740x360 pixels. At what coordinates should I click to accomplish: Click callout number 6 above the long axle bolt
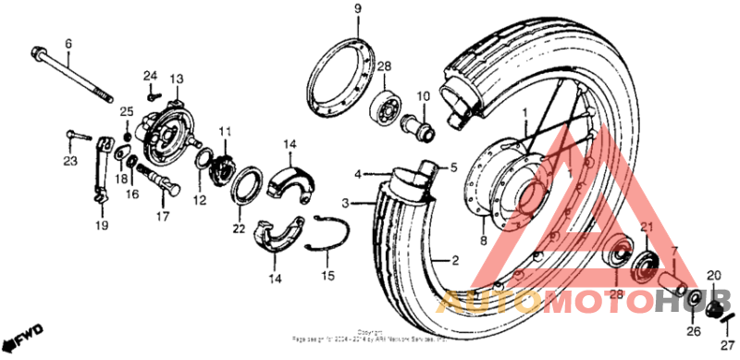pos(67,43)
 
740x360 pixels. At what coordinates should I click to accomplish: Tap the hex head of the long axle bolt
pos(39,51)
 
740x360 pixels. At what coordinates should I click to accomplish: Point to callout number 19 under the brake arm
pos(101,224)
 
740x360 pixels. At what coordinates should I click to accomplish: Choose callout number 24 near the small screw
pos(152,74)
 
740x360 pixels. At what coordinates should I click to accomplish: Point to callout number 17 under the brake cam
pos(163,218)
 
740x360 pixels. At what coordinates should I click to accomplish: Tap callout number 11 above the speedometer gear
pos(225,130)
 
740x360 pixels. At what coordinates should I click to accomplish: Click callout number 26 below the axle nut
pos(694,332)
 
